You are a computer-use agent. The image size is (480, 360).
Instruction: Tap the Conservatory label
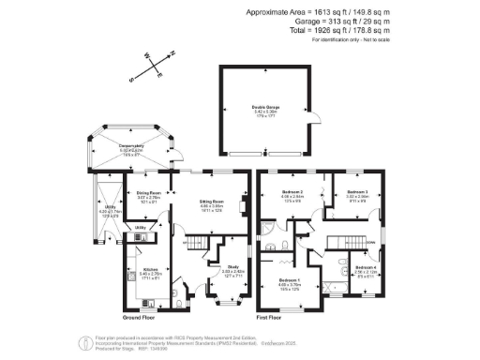click(132, 147)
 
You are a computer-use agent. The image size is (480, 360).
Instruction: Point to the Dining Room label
click(150, 193)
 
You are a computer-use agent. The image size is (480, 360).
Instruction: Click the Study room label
click(232, 272)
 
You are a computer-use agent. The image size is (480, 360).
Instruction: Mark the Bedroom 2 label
click(294, 193)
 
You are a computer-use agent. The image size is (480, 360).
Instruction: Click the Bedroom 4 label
click(367, 269)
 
